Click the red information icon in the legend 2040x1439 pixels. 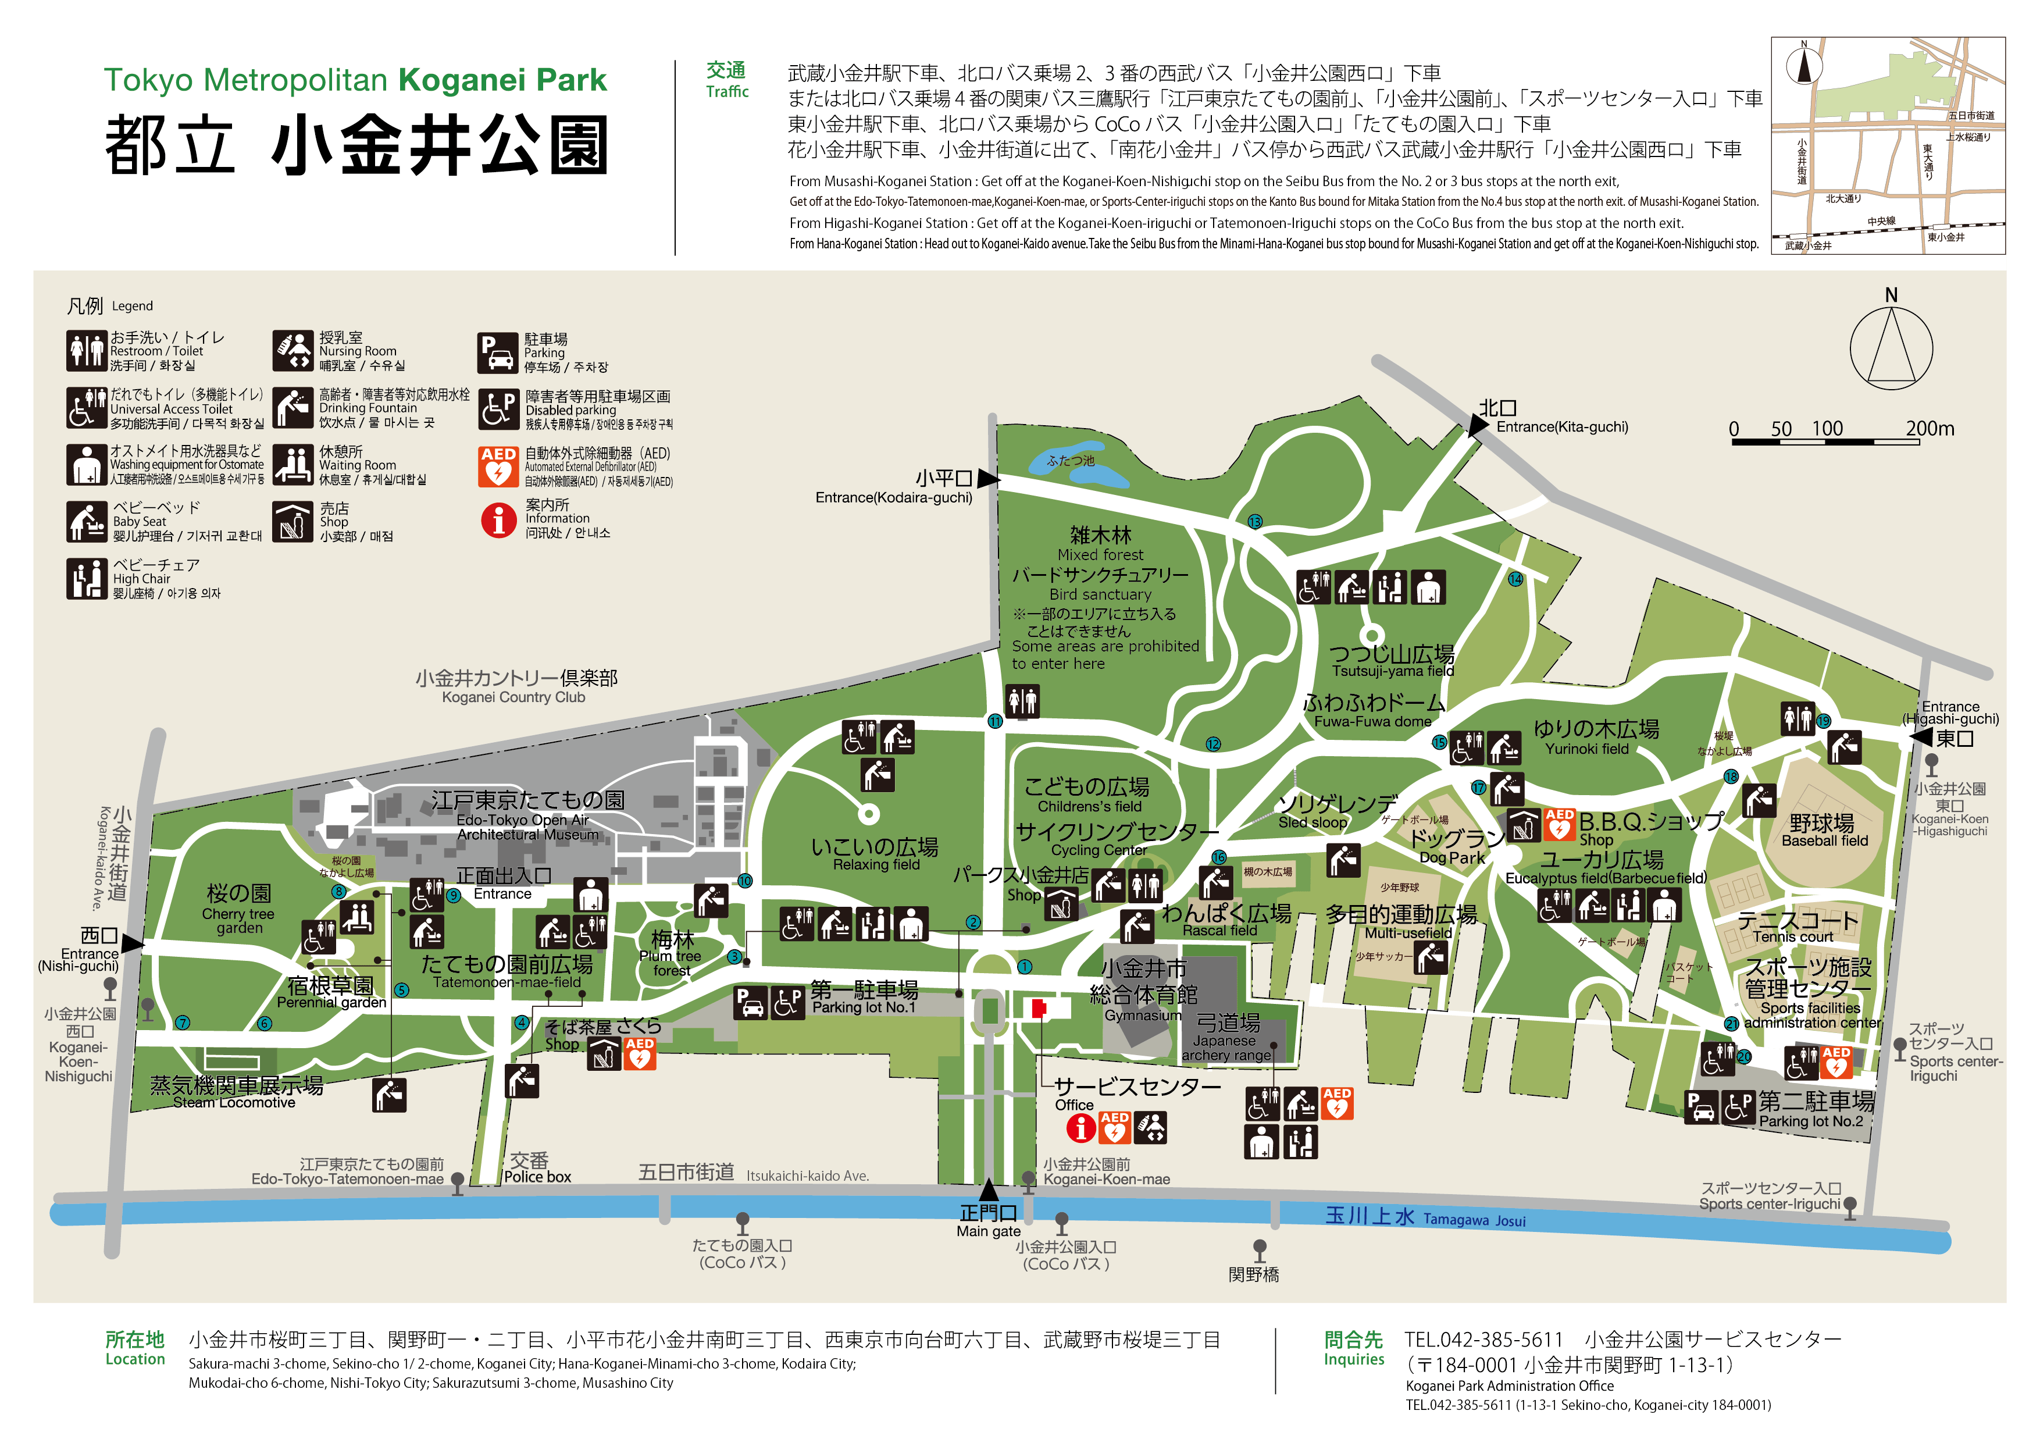point(498,520)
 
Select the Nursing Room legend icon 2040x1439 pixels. point(293,351)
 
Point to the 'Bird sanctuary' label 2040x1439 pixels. point(1100,594)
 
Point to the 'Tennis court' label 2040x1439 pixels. point(1793,937)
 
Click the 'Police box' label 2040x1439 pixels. point(537,1177)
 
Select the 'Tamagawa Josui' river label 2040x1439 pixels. point(1474,1220)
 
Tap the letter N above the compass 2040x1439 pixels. point(1891,295)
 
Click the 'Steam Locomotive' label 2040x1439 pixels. point(234,1103)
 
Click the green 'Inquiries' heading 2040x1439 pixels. point(1353,1359)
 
